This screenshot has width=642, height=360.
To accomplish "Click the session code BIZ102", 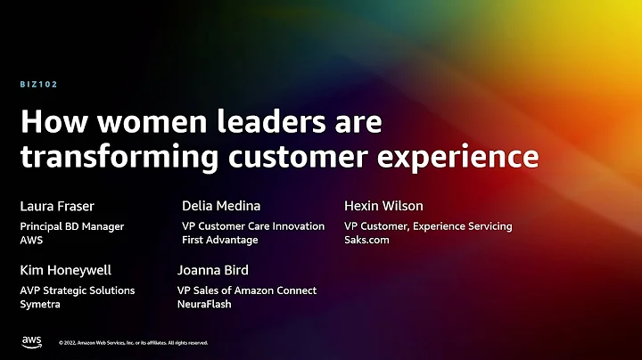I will pyautogui.click(x=38, y=85).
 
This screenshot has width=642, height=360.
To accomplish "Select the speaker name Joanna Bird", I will pyautogui.click(x=213, y=270).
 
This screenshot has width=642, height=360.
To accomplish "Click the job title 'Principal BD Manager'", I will pyautogui.click(x=72, y=226).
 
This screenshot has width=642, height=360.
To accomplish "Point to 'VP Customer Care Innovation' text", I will pyautogui.click(x=253, y=226).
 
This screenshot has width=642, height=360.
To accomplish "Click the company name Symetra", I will pyautogui.click(x=40, y=304).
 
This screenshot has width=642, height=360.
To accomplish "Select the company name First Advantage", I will pyautogui.click(x=219, y=241).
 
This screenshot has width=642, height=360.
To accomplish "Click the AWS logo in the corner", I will pyautogui.click(x=32, y=341).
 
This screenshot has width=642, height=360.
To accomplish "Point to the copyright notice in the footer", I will pyautogui.click(x=134, y=342).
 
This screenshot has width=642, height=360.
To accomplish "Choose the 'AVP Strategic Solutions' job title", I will pyautogui.click(x=78, y=290).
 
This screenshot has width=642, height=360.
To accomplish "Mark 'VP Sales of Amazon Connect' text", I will pyautogui.click(x=247, y=290).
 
